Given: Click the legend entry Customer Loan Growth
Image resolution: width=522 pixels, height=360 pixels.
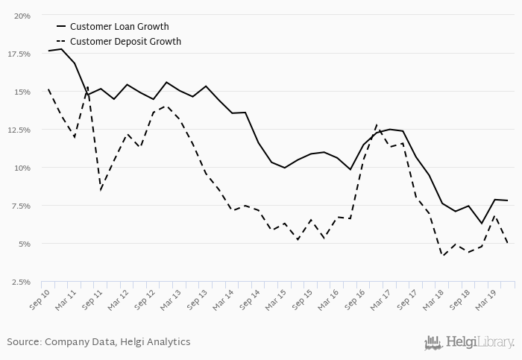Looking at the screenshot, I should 119,27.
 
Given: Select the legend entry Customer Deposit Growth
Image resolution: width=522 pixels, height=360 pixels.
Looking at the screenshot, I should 125,42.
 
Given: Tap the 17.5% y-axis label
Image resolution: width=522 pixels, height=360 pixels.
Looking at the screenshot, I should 19,54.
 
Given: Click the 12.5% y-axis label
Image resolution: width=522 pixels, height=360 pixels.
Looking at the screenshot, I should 19,130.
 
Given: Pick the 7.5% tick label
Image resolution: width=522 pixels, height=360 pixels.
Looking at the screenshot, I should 21,206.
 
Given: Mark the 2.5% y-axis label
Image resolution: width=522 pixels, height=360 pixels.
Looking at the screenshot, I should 21,282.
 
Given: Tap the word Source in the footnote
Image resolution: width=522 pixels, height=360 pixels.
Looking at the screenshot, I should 24,342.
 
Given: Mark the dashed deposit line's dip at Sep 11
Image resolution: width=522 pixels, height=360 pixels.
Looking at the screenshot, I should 101,190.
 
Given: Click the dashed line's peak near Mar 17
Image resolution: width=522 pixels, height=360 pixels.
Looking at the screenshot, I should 377,124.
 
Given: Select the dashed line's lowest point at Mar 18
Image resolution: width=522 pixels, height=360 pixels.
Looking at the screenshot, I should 443,256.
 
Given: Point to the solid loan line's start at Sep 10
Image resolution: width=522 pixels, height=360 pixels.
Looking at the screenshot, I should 48,51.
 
